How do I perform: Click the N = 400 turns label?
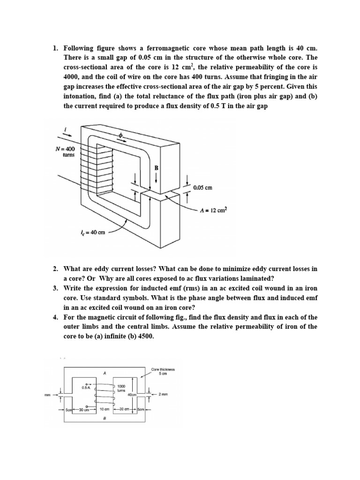(x=65, y=152)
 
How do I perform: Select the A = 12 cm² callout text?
(x=213, y=210)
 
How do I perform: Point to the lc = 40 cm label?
(x=94, y=233)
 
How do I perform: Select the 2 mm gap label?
(x=163, y=395)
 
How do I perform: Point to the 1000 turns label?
(x=121, y=388)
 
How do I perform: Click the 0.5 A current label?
(x=85, y=387)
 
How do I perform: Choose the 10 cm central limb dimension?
(x=105, y=410)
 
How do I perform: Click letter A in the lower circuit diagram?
(x=104, y=374)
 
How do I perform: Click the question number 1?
(x=55, y=48)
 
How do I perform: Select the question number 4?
(x=55, y=317)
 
